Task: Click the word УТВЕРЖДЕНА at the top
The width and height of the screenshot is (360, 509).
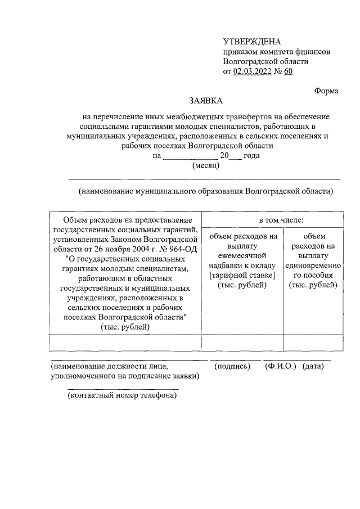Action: (x=251, y=42)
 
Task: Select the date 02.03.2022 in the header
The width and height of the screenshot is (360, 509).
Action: (x=253, y=71)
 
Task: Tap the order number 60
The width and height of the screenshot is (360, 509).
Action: (x=288, y=71)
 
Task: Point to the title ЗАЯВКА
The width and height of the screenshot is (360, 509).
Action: (x=205, y=101)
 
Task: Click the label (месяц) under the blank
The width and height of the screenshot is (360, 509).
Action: (x=206, y=165)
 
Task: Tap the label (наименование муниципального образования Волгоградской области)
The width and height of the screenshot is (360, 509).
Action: (x=206, y=191)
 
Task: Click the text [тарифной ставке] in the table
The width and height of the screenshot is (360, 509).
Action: (x=242, y=276)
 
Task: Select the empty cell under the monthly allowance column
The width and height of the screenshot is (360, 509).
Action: (x=242, y=343)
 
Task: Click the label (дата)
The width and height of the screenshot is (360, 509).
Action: (x=313, y=366)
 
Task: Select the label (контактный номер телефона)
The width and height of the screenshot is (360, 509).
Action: (x=122, y=395)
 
